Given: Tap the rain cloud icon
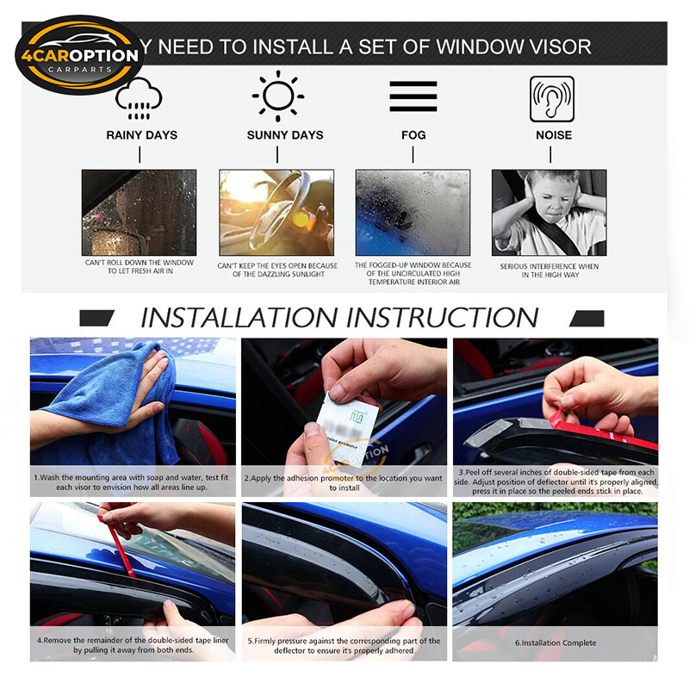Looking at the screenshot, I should tap(139, 97).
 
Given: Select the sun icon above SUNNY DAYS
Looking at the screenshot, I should tap(277, 96).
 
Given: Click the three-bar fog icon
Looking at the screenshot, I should tap(413, 96).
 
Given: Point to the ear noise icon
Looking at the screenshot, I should tap(551, 96).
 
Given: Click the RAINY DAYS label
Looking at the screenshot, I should tap(141, 135).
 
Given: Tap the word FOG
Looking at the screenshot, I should tap(413, 135).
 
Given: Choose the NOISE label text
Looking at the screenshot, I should tap(553, 135).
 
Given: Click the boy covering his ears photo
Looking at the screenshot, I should tap(549, 212).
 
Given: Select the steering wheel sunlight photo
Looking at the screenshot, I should tap(276, 212).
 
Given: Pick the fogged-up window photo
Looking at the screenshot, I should tap(413, 212).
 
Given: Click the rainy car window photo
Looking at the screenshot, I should tap(139, 212).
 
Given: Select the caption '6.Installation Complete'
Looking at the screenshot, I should tap(555, 643).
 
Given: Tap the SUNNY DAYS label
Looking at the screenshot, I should tap(285, 135).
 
